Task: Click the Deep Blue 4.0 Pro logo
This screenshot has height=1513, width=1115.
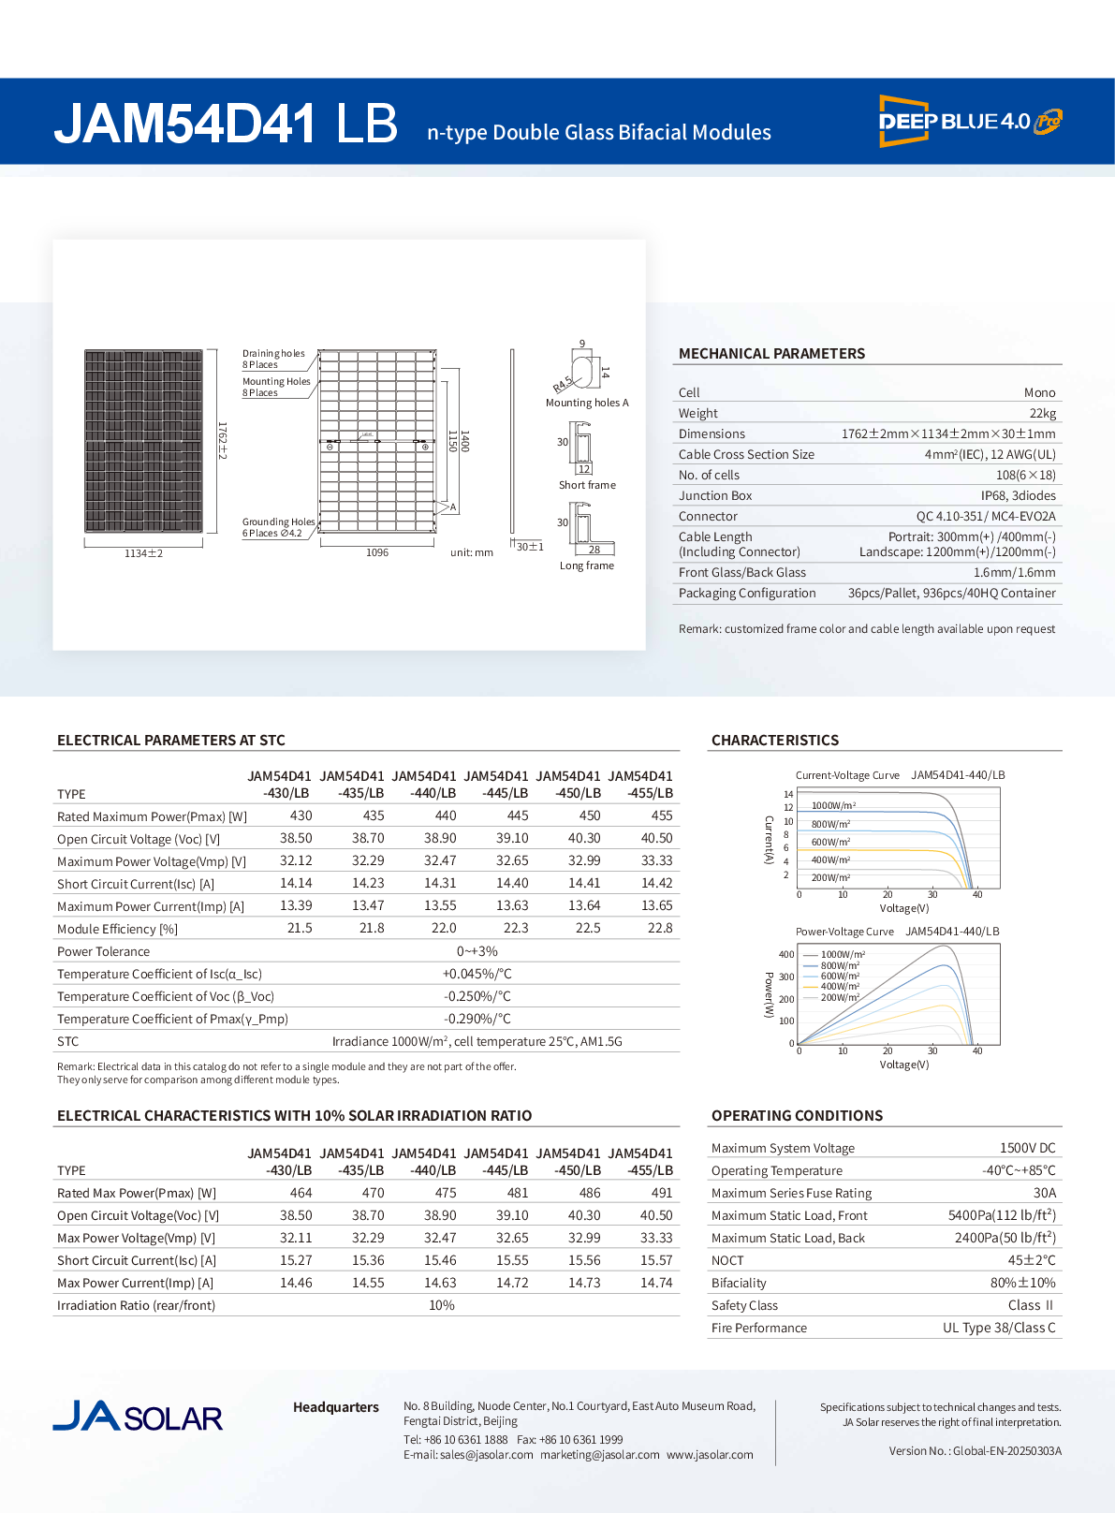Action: [969, 121]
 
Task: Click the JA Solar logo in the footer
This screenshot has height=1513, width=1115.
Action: [138, 1417]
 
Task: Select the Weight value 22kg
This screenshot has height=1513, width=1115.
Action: [1042, 413]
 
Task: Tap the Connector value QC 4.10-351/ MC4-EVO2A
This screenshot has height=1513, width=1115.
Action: [985, 516]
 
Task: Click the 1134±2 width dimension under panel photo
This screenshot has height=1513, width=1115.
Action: [143, 553]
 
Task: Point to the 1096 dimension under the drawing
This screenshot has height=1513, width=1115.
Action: [377, 552]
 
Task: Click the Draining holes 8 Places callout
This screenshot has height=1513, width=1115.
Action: [273, 359]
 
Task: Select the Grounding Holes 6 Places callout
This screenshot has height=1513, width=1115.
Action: [278, 527]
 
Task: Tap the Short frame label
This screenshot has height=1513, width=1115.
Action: [587, 485]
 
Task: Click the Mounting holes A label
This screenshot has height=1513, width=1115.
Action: [587, 403]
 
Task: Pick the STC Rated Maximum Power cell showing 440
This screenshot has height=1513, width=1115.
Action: [446, 815]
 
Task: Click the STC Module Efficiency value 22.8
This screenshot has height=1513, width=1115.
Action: [659, 928]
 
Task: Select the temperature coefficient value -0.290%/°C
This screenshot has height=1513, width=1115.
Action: [477, 1019]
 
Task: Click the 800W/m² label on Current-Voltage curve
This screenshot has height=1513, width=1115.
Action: [830, 824]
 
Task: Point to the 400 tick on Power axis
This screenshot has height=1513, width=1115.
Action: [786, 954]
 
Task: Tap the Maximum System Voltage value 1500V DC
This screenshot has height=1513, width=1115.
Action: [1027, 1148]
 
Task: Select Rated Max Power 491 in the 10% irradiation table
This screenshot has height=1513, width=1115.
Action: [661, 1193]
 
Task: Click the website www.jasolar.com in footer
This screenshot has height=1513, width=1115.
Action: [710, 1455]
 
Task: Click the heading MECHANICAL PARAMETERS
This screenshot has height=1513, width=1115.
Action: [771, 353]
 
